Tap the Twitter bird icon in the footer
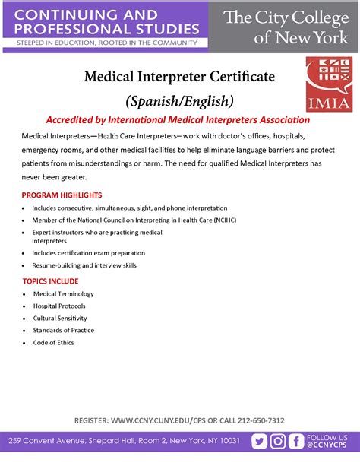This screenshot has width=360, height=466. pos(260,442)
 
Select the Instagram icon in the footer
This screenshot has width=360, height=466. pos(279,442)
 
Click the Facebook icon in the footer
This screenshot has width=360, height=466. pos(297,442)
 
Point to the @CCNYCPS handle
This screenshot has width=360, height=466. pos(327,446)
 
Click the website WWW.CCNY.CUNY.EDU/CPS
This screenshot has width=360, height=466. pos(156,420)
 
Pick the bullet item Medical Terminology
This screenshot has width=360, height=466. pos(63,293)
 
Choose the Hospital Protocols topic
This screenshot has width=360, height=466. pos(58,306)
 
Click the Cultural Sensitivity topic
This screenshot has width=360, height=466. pos(60,318)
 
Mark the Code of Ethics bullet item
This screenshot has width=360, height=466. pos(53,342)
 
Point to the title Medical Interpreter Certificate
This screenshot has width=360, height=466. pos(178,78)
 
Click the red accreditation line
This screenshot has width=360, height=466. pos(178,120)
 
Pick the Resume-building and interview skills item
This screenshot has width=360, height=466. pos(84,265)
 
